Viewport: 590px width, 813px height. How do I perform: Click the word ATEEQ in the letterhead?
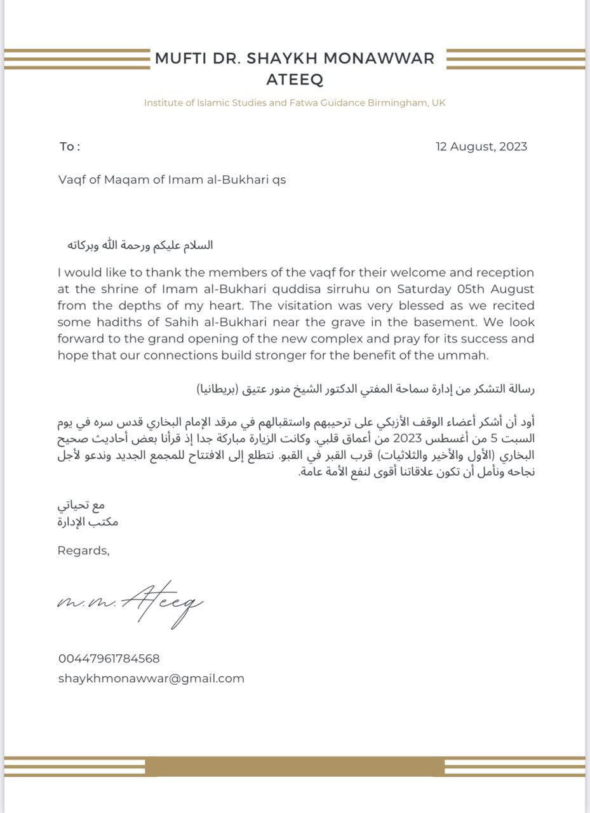click(295, 79)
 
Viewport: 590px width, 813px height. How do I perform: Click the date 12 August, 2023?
click(481, 147)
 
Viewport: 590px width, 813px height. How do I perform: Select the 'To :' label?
click(70, 147)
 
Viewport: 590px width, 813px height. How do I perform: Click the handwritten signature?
click(130, 603)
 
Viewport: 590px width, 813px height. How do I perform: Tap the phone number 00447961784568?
click(109, 659)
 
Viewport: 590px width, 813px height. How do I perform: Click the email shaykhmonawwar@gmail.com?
click(151, 678)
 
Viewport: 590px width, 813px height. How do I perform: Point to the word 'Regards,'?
click(83, 551)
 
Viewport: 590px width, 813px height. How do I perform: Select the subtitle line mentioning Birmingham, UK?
click(295, 102)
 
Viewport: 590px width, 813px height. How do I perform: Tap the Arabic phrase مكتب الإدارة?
click(88, 522)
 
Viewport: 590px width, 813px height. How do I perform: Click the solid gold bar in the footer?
click(295, 767)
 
